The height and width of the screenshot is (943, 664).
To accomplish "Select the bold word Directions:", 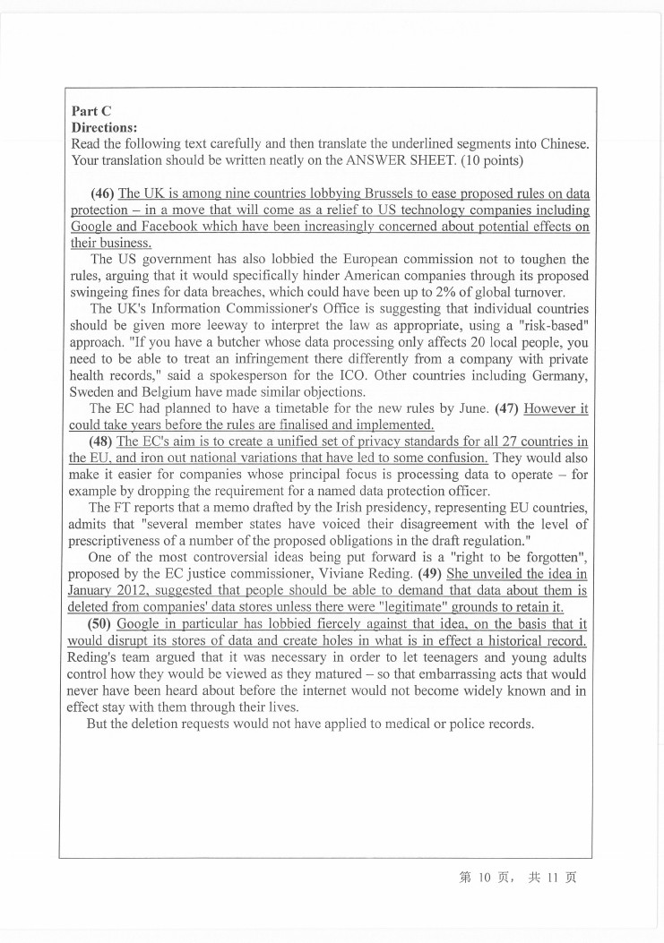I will (x=103, y=128).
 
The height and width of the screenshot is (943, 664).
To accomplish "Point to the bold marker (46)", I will (x=103, y=194).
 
